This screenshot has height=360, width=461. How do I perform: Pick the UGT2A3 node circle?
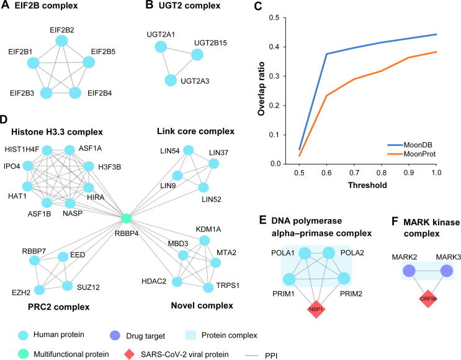pyautogui.click(x=171, y=80)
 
